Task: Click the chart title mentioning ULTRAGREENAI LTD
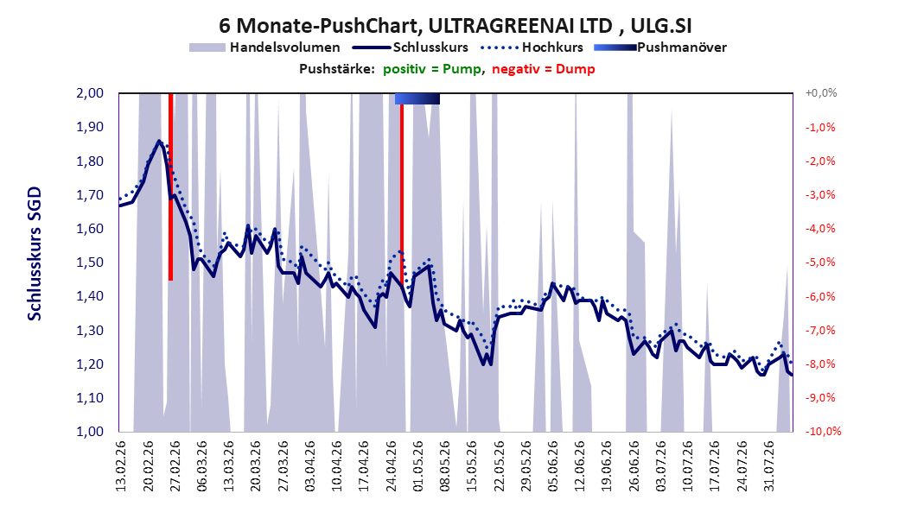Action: click(x=455, y=26)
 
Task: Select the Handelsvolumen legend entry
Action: click(x=264, y=47)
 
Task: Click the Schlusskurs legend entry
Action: click(x=411, y=47)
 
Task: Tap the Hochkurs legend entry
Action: click(x=532, y=47)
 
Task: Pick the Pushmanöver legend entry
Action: click(x=660, y=47)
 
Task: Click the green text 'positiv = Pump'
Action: click(x=431, y=69)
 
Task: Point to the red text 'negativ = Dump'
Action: click(x=544, y=69)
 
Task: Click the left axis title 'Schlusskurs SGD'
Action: click(x=35, y=254)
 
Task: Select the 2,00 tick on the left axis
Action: click(x=90, y=93)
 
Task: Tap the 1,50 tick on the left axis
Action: click(x=90, y=262)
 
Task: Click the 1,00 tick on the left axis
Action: click(x=90, y=432)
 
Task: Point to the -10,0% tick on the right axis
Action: click(x=823, y=432)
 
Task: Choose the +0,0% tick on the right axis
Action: click(x=821, y=93)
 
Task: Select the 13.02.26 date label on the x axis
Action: click(x=121, y=466)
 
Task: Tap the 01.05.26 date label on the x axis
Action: click(x=417, y=466)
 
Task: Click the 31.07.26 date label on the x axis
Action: click(x=768, y=466)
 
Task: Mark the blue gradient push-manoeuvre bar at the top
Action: click(x=417, y=98)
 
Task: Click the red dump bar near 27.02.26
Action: click(x=171, y=187)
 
